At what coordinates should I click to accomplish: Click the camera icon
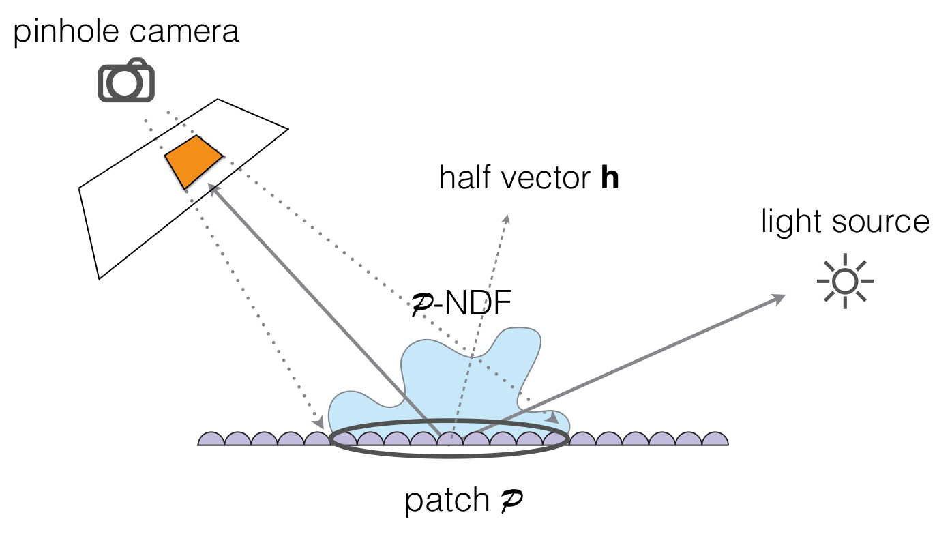(126, 80)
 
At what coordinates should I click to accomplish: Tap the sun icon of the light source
(845, 281)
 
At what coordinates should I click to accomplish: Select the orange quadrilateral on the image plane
(194, 162)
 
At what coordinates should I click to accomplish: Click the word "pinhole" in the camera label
(66, 31)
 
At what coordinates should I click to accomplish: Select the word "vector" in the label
(546, 179)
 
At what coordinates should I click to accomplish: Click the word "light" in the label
(790, 221)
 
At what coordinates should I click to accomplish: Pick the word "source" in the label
(880, 223)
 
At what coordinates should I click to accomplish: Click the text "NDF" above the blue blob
(477, 303)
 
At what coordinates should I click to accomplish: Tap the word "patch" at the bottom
(447, 501)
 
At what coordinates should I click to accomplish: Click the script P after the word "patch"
(511, 501)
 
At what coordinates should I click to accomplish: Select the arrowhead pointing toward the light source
(777, 299)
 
